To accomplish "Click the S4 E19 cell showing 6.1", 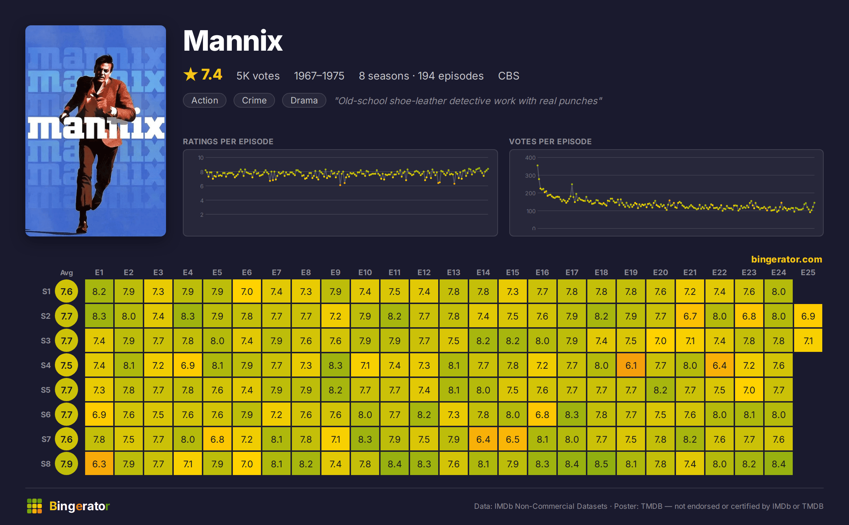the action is [631, 365].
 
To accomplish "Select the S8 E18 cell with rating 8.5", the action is [601, 464].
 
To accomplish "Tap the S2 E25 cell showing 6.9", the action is [808, 316].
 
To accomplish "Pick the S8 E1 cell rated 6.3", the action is [99, 464].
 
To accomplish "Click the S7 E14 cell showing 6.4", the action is [483, 439].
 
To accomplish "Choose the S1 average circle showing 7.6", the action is [66, 291].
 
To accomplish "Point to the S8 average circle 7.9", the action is [66, 464].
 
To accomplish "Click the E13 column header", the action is [453, 272].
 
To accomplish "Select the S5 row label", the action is [46, 390].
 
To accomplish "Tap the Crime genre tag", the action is [254, 100].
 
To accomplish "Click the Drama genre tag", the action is [304, 100].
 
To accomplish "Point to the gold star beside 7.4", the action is [191, 74].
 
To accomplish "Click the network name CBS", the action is [509, 76].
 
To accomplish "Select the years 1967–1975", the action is [319, 76].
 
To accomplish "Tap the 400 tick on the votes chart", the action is [530, 158].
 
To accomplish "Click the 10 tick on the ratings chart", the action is [201, 158].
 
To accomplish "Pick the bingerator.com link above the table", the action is [786, 259].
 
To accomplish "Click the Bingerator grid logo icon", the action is [34, 506].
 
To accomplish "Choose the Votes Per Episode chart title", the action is [550, 141].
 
